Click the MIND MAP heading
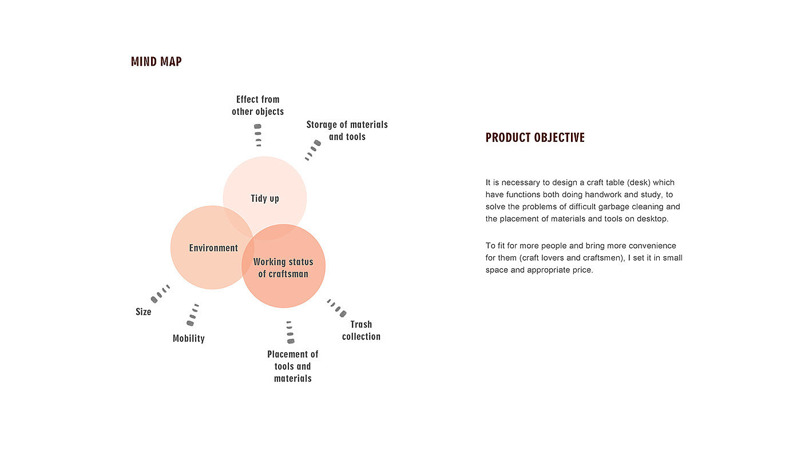[x=156, y=62]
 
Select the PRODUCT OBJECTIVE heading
[x=535, y=138]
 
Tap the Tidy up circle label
[x=265, y=198]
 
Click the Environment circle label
[x=213, y=248]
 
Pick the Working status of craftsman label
[x=283, y=268]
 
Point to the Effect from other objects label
[x=257, y=105]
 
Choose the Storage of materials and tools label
[x=347, y=130]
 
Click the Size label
[x=144, y=312]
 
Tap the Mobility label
[x=189, y=339]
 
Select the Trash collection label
[x=361, y=330]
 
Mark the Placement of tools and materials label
[x=292, y=366]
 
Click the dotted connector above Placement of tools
[x=290, y=332]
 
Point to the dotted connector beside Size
[x=160, y=293]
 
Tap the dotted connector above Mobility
[x=193, y=315]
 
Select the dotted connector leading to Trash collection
[x=336, y=308]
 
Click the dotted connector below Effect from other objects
[x=258, y=136]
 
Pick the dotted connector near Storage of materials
[x=312, y=150]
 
